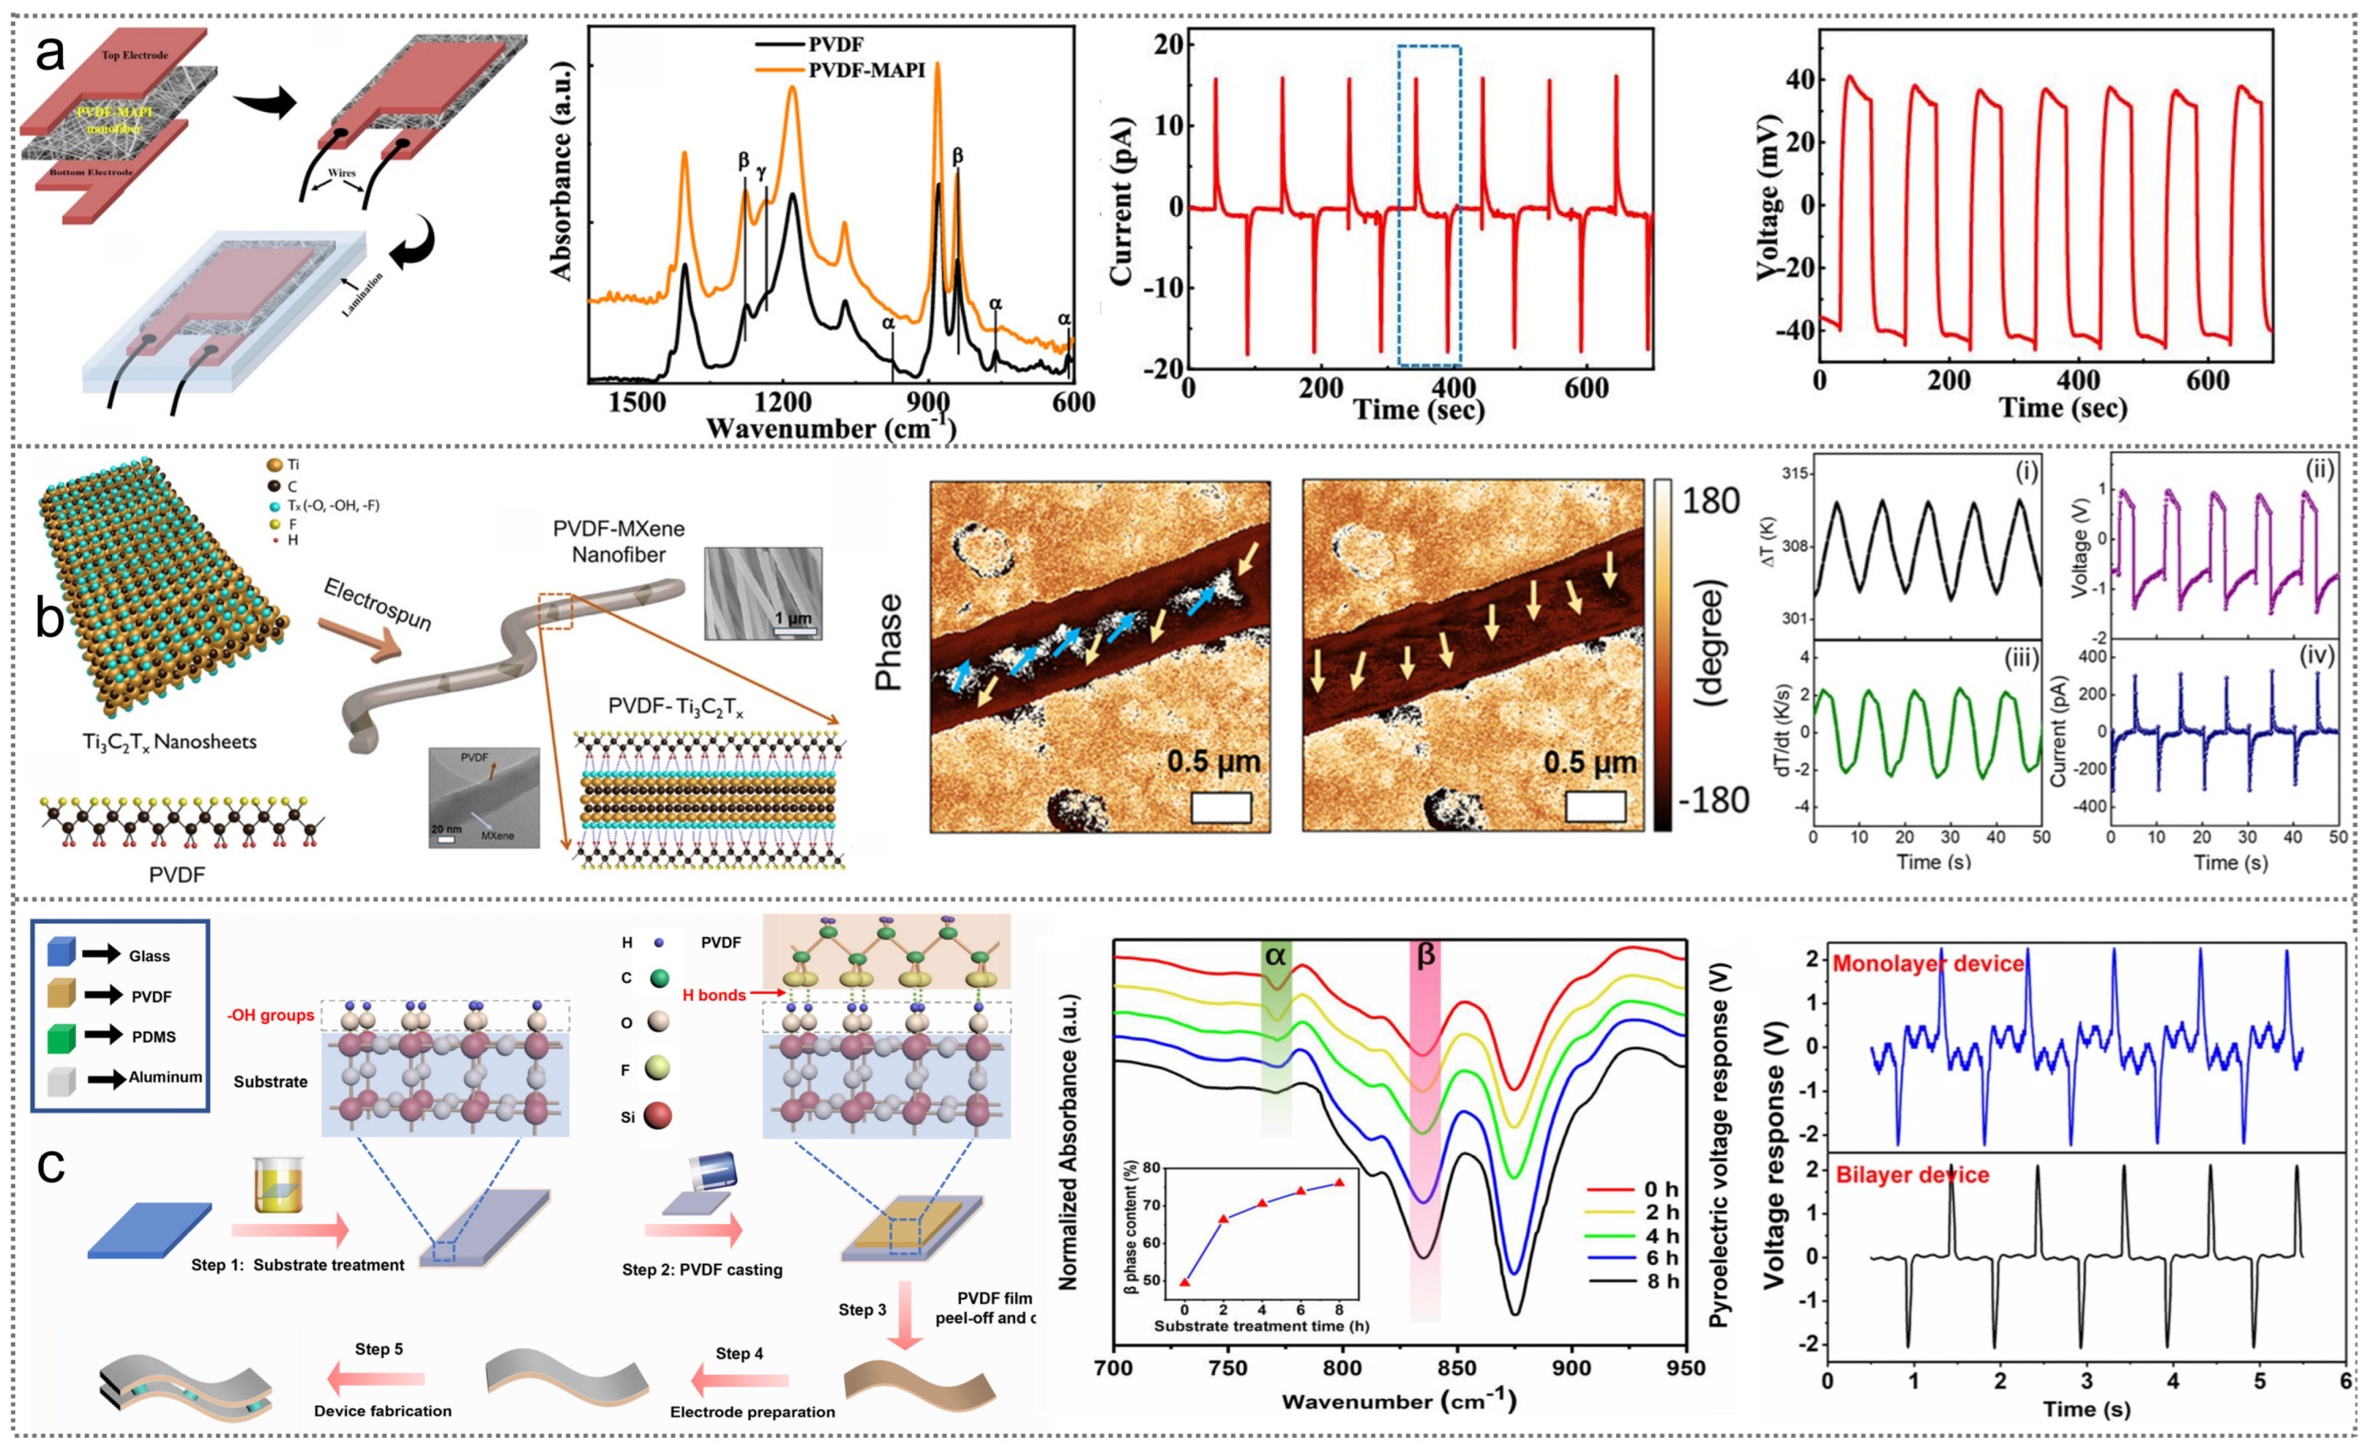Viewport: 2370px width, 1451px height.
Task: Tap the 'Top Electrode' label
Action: pos(135,55)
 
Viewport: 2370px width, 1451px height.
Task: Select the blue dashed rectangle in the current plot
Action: pos(1430,205)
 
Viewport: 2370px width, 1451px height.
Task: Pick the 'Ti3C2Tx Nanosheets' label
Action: pos(169,742)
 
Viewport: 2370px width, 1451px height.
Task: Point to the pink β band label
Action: pos(1425,955)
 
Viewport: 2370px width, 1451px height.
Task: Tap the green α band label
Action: pos(1275,955)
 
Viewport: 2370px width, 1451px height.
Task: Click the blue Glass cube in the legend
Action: pos(61,953)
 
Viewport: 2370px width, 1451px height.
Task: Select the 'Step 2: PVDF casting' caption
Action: pos(702,1270)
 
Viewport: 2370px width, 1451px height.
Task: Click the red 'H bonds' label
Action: pos(714,995)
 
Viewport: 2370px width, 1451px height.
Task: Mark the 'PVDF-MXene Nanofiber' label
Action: pos(619,542)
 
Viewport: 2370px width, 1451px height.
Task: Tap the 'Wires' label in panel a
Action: pos(341,173)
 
